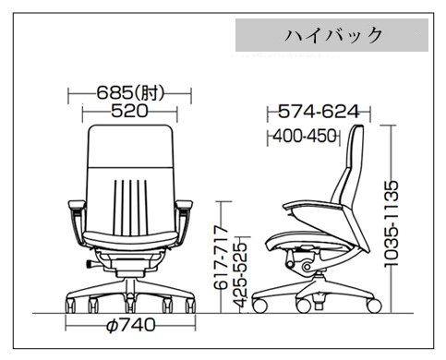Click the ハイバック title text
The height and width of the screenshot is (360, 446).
[x=333, y=35]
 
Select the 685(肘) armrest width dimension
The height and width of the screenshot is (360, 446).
[x=130, y=93]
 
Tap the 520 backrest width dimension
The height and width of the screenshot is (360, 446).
[x=129, y=111]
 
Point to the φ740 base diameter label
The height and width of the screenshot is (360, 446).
[x=130, y=325]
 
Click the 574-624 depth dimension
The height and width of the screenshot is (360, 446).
[x=319, y=112]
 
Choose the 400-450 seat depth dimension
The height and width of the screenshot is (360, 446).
[x=305, y=136]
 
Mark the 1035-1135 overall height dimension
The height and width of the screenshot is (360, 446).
[x=392, y=223]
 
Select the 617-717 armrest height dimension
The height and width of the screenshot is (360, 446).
[x=221, y=258]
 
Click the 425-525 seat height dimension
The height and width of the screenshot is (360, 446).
[x=240, y=275]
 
